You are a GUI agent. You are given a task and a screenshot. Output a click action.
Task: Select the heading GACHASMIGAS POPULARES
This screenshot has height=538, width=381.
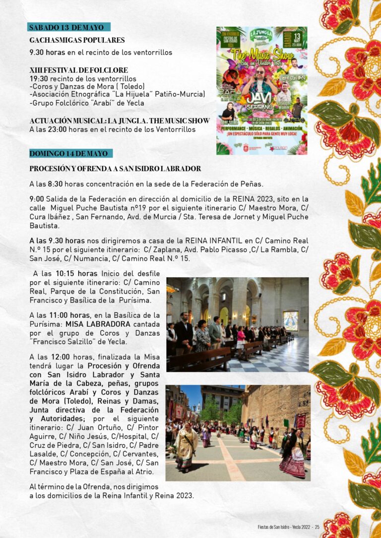(77, 40)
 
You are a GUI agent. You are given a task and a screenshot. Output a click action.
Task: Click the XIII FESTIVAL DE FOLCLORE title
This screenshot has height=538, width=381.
(78, 70)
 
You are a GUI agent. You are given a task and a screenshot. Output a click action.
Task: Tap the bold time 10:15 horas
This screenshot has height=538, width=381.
(76, 273)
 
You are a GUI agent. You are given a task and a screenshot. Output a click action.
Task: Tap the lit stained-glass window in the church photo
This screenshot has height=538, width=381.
(290, 321)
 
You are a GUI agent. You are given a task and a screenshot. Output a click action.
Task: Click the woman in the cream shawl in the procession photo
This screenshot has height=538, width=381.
(185, 446)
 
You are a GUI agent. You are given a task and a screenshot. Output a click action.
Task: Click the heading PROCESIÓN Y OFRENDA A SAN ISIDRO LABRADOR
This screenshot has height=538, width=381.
(115, 169)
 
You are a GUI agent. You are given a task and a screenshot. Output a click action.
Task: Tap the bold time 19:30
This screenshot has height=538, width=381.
(38, 78)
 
